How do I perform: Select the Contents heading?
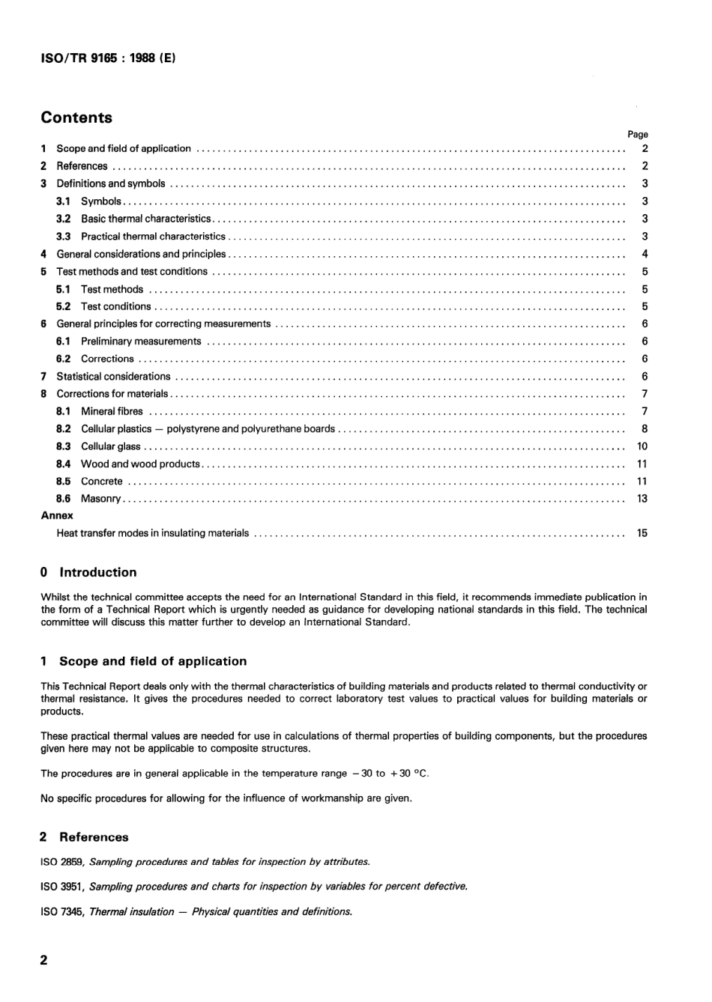(76, 118)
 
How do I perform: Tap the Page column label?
(637, 135)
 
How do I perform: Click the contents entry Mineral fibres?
(112, 411)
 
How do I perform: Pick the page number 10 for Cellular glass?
(642, 446)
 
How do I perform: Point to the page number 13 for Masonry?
(642, 499)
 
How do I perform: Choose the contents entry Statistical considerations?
(113, 377)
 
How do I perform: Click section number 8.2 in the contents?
(64, 429)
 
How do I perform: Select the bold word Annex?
(57, 515)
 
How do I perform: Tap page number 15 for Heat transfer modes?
(642, 533)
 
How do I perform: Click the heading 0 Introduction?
(88, 573)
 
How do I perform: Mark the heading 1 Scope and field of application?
(143, 661)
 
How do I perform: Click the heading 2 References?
(85, 837)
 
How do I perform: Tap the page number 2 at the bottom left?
(43, 960)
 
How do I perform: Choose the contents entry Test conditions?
(115, 306)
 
